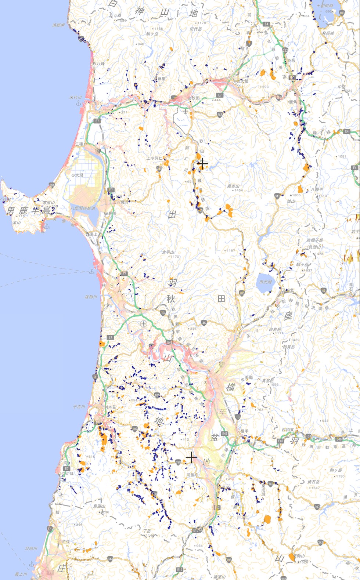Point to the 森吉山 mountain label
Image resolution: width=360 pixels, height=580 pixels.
(x=233, y=186)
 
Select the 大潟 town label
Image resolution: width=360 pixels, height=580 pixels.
(x=79, y=175)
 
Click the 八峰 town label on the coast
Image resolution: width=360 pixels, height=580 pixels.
(x=100, y=64)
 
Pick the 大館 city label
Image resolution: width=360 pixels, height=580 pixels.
(x=244, y=81)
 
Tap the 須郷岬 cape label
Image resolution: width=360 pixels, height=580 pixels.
(x=58, y=25)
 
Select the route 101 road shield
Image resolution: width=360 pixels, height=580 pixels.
(x=52, y=185)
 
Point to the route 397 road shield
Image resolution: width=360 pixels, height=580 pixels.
(x=317, y=507)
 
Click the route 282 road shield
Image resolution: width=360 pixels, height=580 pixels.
(x=285, y=50)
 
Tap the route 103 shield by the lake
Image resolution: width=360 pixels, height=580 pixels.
(x=342, y=13)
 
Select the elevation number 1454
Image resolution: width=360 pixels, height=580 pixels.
(x=238, y=191)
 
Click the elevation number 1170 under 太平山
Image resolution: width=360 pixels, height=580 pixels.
(x=174, y=257)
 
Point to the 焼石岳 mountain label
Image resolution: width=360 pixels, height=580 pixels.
(x=314, y=482)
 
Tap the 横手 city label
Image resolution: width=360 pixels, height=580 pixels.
(x=244, y=431)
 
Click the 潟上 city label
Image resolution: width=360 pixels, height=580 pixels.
(x=94, y=234)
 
